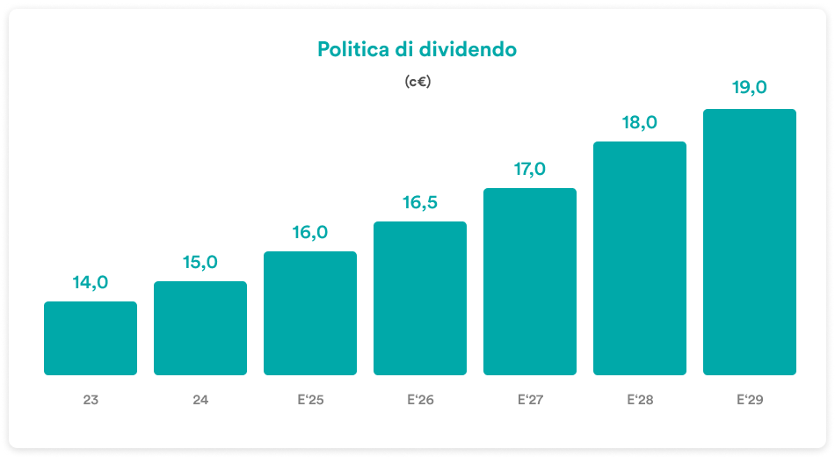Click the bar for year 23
[91, 338]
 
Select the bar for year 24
[200, 328]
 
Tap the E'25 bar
[310, 313]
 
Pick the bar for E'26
[420, 298]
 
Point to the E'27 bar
[530, 281]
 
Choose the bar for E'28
[640, 258]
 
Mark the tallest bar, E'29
[750, 242]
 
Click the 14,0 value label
[91, 282]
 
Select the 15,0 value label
[200, 262]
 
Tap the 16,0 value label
[310, 232]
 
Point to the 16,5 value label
[420, 202]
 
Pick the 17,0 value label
[530, 169]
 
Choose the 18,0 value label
[640, 122]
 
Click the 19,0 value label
[750, 87]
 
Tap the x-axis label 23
[91, 400]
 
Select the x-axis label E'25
[310, 400]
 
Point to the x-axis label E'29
[750, 400]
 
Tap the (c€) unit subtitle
[417, 82]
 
